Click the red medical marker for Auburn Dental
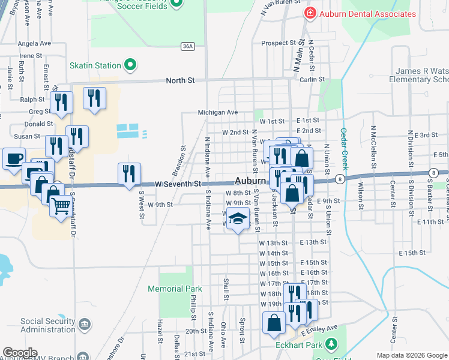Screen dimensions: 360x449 point(310,13)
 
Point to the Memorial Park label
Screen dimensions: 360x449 point(175,289)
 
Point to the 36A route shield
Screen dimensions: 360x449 point(188,46)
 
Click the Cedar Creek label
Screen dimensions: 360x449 point(345,149)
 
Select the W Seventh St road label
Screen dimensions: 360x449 point(177,184)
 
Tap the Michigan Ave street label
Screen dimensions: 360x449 point(218,112)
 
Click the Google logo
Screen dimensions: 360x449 point(20,353)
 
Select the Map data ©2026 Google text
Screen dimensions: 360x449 point(412,355)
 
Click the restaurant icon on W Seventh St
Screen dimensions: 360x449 point(129,174)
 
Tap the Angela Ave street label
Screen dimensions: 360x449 point(34,43)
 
